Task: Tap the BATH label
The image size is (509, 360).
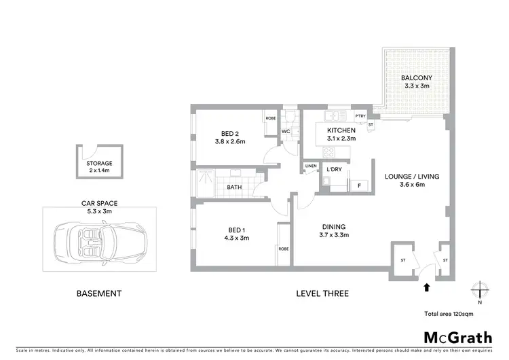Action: (234, 187)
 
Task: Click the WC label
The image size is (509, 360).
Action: (286, 131)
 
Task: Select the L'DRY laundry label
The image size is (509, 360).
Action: (333, 169)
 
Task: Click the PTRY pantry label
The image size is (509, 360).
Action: (360, 117)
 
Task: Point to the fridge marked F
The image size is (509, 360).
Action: (358, 184)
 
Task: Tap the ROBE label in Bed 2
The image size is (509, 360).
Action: (270, 118)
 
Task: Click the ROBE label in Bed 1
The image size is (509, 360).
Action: (283, 249)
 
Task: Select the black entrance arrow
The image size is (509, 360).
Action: (426, 287)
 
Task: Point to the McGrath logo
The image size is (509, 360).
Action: (457, 338)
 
